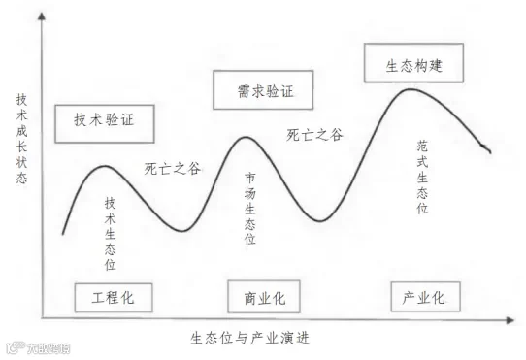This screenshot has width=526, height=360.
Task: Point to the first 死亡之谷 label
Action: [x=173, y=168]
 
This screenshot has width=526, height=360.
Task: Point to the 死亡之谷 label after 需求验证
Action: [x=314, y=135]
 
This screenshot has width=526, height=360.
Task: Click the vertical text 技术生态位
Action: [x=111, y=233]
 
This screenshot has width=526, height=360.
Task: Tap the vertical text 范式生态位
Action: [x=422, y=175]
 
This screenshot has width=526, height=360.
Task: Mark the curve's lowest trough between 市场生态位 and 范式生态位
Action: [x=320, y=221]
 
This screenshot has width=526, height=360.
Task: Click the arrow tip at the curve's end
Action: [x=490, y=151]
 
